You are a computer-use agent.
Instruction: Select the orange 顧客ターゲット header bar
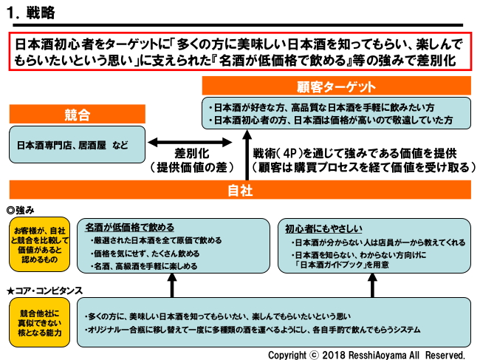click(x=336, y=85)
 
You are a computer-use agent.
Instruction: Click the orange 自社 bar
click(x=240, y=191)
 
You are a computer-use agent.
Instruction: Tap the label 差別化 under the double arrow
click(x=193, y=153)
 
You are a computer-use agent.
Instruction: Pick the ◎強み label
click(x=21, y=210)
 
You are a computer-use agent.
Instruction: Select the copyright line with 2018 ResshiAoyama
click(x=366, y=354)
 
